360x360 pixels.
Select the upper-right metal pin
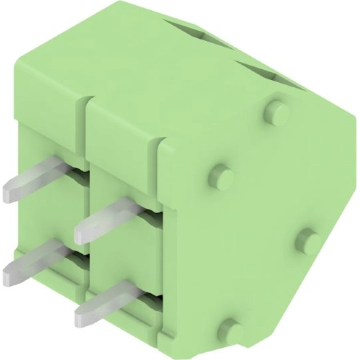pyautogui.click(x=108, y=218)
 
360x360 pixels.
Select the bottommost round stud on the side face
pyautogui.click(x=232, y=328)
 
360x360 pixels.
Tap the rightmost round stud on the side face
pyautogui.click(x=309, y=240)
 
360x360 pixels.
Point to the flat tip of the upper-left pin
pyautogui.click(x=11, y=192)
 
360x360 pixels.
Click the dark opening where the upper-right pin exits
pyautogui.click(x=144, y=207)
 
